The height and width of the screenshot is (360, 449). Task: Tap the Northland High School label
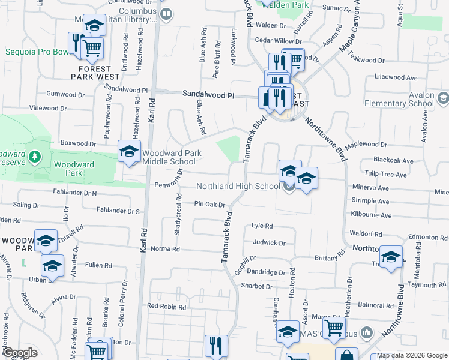[x=238, y=186]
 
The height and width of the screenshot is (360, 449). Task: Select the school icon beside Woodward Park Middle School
[x=128, y=152]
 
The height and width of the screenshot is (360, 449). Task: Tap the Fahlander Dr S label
[x=121, y=211]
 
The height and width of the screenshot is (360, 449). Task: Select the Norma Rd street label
[x=165, y=248]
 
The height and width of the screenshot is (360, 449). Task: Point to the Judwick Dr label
[x=269, y=243]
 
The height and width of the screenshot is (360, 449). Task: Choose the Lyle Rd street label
[x=262, y=226]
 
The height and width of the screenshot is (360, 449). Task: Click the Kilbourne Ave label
[x=372, y=215]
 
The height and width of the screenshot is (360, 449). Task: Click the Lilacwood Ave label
[x=396, y=78]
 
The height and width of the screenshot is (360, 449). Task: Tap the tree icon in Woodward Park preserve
[x=35, y=157]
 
